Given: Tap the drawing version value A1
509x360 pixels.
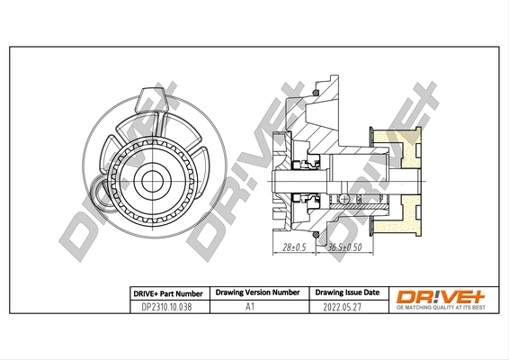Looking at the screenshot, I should click(x=257, y=306).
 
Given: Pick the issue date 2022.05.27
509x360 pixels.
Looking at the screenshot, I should click(x=347, y=306).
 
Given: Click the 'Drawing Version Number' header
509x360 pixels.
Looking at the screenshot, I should click(x=257, y=292).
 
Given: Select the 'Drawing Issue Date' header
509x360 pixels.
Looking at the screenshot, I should click(x=347, y=292).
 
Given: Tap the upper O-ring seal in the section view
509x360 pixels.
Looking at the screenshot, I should click(x=316, y=93).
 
